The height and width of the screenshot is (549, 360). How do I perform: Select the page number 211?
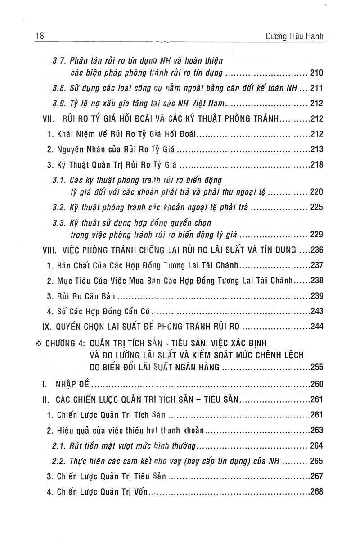[317, 89]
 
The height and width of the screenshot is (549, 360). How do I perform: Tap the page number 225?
[317, 209]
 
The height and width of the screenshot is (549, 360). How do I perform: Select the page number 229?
[317, 235]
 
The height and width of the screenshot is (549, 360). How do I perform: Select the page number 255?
[317, 368]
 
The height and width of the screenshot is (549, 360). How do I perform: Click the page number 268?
[317, 491]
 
